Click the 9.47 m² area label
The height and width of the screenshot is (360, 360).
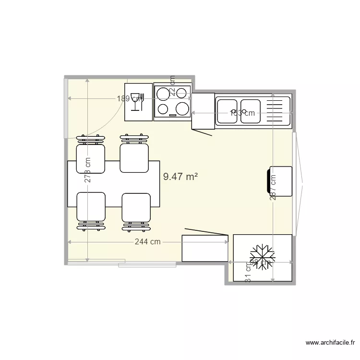(180, 177)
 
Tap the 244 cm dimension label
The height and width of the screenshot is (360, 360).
(147, 242)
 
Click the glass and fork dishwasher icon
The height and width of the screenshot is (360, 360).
(138, 101)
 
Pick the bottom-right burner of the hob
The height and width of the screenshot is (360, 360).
(182, 108)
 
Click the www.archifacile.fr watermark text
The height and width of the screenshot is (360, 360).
(330, 343)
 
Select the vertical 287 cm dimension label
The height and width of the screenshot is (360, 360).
(273, 187)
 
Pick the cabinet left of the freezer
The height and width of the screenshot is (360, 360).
(204, 248)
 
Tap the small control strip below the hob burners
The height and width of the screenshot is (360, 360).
(173, 115)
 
